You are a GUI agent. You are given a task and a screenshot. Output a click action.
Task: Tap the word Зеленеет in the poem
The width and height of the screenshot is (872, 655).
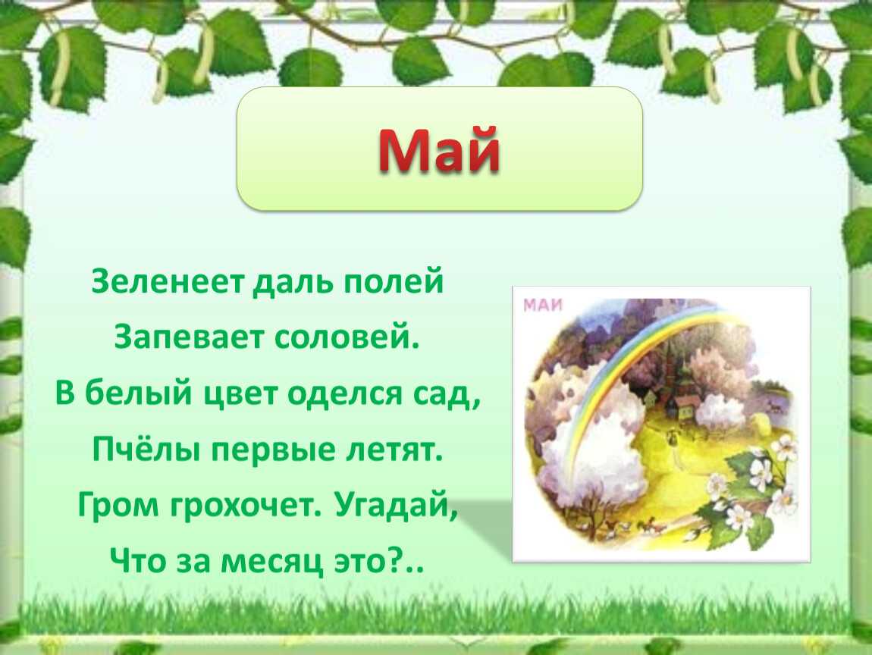click(x=168, y=281)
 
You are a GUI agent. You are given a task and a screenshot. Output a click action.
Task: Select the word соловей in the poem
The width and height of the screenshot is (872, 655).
click(x=347, y=337)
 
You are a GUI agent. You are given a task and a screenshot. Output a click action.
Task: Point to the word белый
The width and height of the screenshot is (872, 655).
click(x=139, y=393)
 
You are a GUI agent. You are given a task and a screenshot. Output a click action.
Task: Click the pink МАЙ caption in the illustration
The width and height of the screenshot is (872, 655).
click(x=544, y=305)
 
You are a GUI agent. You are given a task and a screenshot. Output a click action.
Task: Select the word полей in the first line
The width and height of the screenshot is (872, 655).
click(x=393, y=281)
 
